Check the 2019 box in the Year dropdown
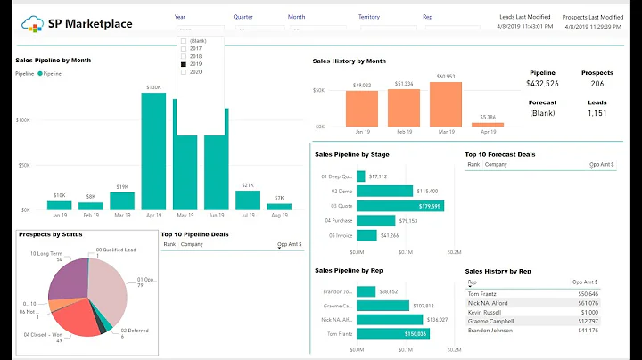point(184,64)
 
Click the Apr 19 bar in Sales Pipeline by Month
point(153,151)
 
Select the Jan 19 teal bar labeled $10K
point(59,206)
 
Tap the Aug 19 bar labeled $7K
point(278,208)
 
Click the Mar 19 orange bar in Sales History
point(447,103)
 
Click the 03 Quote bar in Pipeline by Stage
point(412,206)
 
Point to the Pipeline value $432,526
point(543,84)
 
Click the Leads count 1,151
point(597,113)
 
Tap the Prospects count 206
point(597,84)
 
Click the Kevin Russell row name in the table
point(485,312)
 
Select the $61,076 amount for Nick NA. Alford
point(588,302)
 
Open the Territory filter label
point(368,16)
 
